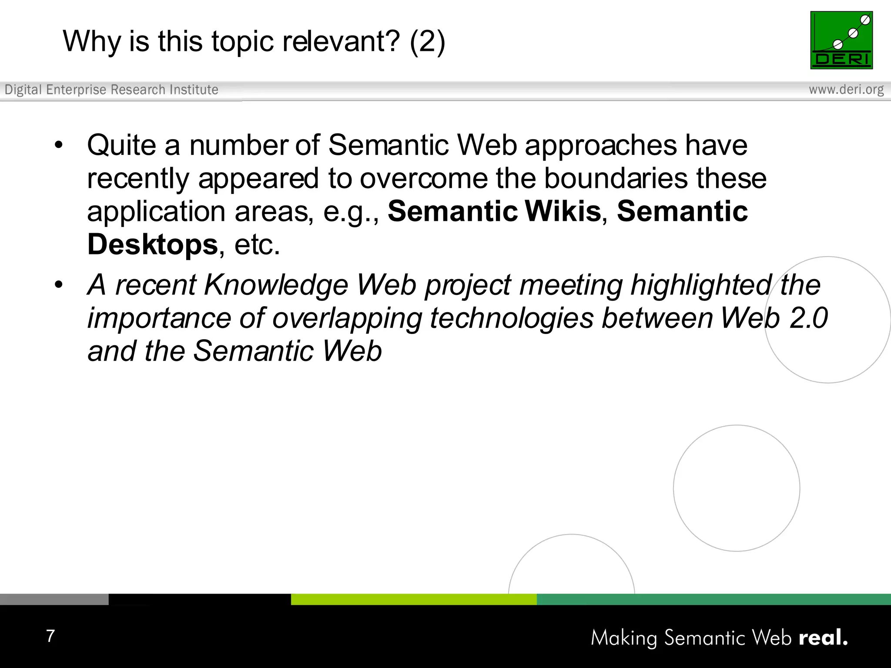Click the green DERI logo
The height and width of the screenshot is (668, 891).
841,40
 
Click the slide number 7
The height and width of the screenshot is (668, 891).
50,636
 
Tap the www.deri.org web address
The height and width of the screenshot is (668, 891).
846,90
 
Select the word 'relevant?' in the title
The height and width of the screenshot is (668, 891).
341,42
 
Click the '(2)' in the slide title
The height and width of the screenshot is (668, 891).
427,42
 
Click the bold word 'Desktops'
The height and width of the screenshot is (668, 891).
152,245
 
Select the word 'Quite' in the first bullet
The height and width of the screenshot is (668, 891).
121,145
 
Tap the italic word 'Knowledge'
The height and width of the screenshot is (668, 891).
276,285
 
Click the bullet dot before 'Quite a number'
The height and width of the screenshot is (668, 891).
59,145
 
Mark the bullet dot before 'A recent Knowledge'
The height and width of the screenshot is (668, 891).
59,285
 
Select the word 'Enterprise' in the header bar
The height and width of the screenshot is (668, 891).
76,90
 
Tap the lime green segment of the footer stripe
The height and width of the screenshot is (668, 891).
413,599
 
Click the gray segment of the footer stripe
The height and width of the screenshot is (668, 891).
54,599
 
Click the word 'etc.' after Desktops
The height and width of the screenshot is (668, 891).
257,245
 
